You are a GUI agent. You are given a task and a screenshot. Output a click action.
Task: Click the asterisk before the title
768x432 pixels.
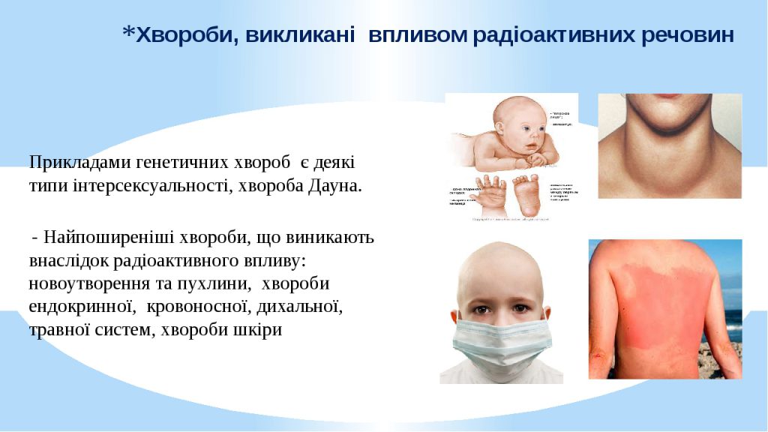pos(129,33)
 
